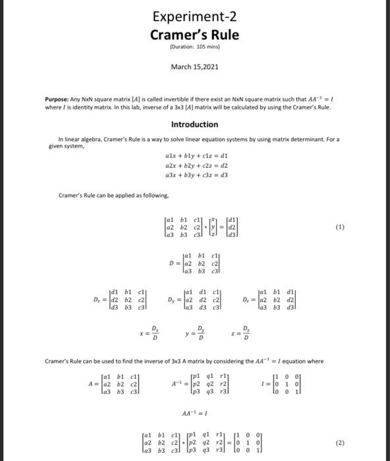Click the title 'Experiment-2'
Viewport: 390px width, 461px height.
point(194,16)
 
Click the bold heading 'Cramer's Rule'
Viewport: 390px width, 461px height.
point(194,34)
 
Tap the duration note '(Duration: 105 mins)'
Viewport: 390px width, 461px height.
point(194,47)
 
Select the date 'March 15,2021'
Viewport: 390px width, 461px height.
point(194,67)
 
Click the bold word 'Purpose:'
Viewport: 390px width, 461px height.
point(60,97)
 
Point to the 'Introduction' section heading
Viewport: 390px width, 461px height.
point(194,124)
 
